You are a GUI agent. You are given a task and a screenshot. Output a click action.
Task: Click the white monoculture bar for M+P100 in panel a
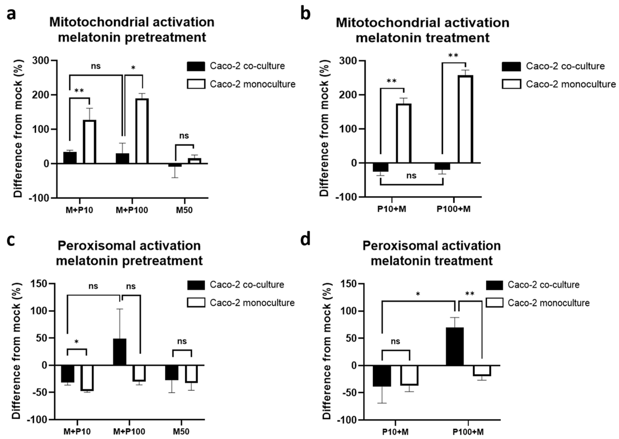pyautogui.click(x=142, y=131)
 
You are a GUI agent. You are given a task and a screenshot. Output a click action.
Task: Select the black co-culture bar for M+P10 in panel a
pyautogui.click(x=70, y=158)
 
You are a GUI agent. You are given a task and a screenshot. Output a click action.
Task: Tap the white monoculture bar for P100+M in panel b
pyautogui.click(x=465, y=119)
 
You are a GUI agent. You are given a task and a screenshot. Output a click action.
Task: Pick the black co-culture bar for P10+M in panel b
pyautogui.click(x=380, y=167)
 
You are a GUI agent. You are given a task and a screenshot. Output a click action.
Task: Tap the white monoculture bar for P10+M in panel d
pyautogui.click(x=409, y=375)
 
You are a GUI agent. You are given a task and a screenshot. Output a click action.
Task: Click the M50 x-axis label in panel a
pyautogui.click(x=184, y=210)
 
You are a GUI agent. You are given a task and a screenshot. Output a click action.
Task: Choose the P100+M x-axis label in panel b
pyautogui.click(x=453, y=209)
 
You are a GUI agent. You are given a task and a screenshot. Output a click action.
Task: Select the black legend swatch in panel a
pyautogui.click(x=196, y=66)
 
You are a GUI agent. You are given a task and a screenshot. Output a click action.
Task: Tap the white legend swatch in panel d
pyautogui.click(x=495, y=303)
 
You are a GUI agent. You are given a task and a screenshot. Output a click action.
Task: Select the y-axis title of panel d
pyautogui.click(x=327, y=351)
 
